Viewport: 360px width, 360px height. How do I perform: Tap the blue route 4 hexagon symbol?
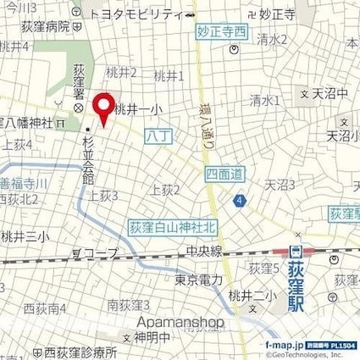[242, 200]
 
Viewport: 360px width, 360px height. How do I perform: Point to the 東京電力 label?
[198, 279]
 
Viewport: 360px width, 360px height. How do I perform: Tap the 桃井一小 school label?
[138, 108]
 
